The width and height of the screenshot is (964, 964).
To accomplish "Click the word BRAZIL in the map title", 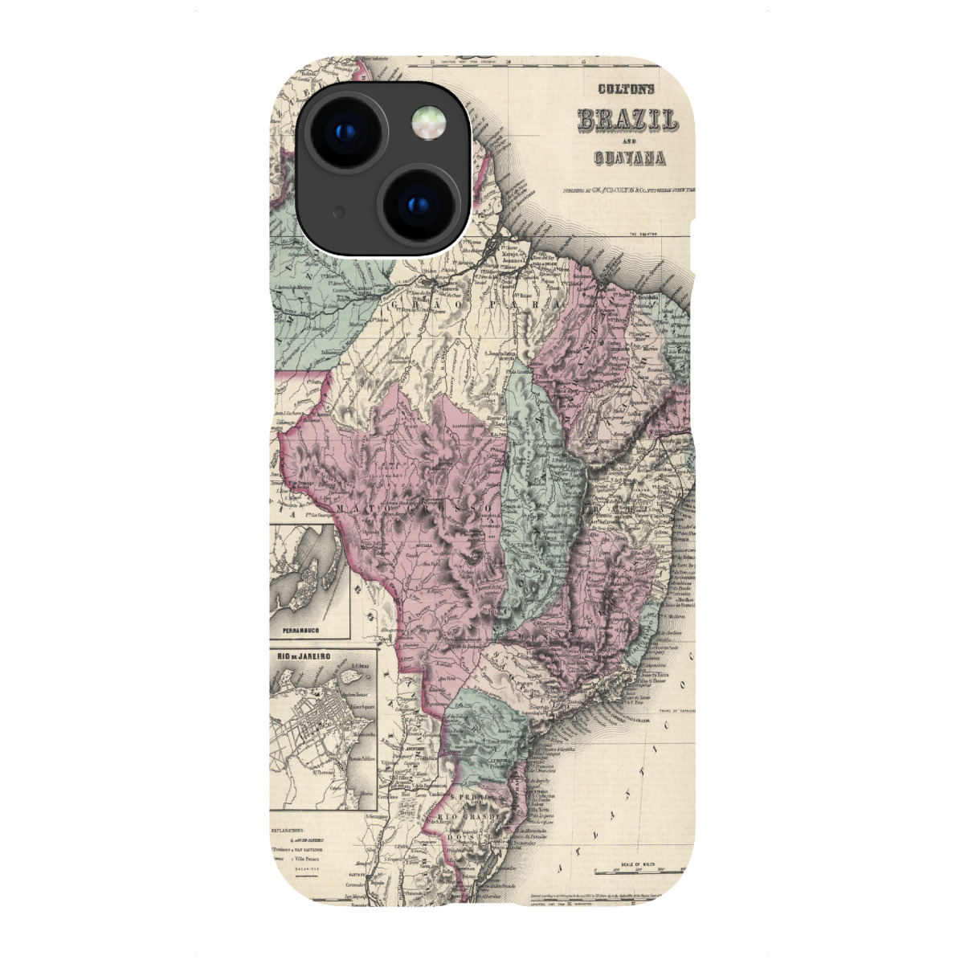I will click(627, 120).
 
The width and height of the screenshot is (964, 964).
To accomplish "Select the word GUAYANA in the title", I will click(630, 157).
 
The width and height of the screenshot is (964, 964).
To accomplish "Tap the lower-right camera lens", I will click(418, 202).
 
